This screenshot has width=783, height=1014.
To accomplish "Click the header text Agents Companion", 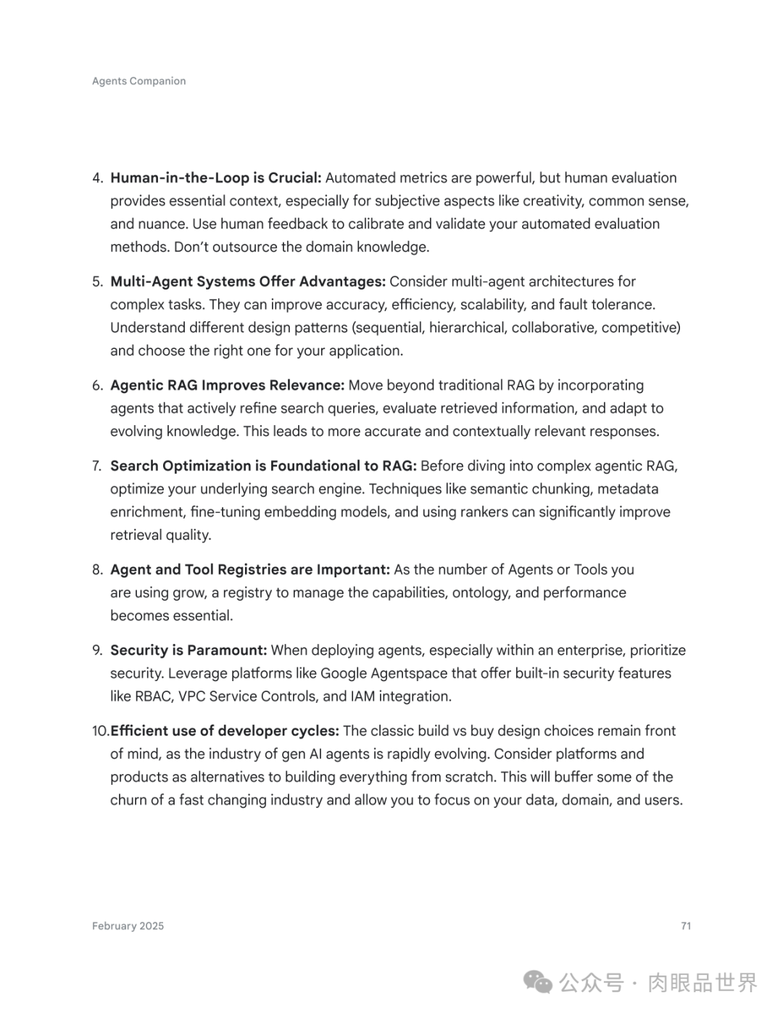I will coord(138,81).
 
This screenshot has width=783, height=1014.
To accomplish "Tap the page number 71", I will coord(686,926).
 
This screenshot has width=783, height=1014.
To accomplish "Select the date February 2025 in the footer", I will coord(128,926).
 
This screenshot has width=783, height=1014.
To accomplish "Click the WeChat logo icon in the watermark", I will coord(538,982).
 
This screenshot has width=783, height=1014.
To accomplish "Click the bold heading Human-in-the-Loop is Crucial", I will coord(215,178).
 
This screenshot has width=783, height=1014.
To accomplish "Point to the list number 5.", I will coord(98,281).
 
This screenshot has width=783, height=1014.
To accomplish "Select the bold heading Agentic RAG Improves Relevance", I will coord(227,385).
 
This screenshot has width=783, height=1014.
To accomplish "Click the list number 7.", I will coord(98,466).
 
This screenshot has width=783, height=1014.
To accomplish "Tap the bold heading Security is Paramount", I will coord(188,650).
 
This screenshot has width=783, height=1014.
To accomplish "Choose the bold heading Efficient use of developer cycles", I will coord(225,730).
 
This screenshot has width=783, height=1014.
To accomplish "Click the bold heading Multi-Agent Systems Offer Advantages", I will coord(248,281).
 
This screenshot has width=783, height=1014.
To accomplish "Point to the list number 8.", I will coord(98,569).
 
